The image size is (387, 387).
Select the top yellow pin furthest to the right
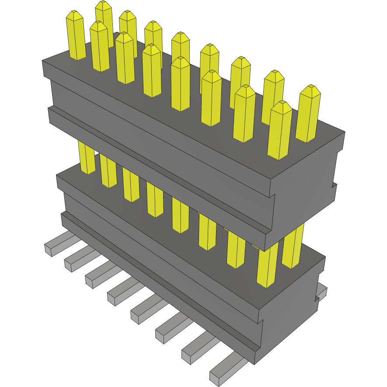point(310,91)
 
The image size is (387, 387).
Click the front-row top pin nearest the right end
point(280,107)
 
